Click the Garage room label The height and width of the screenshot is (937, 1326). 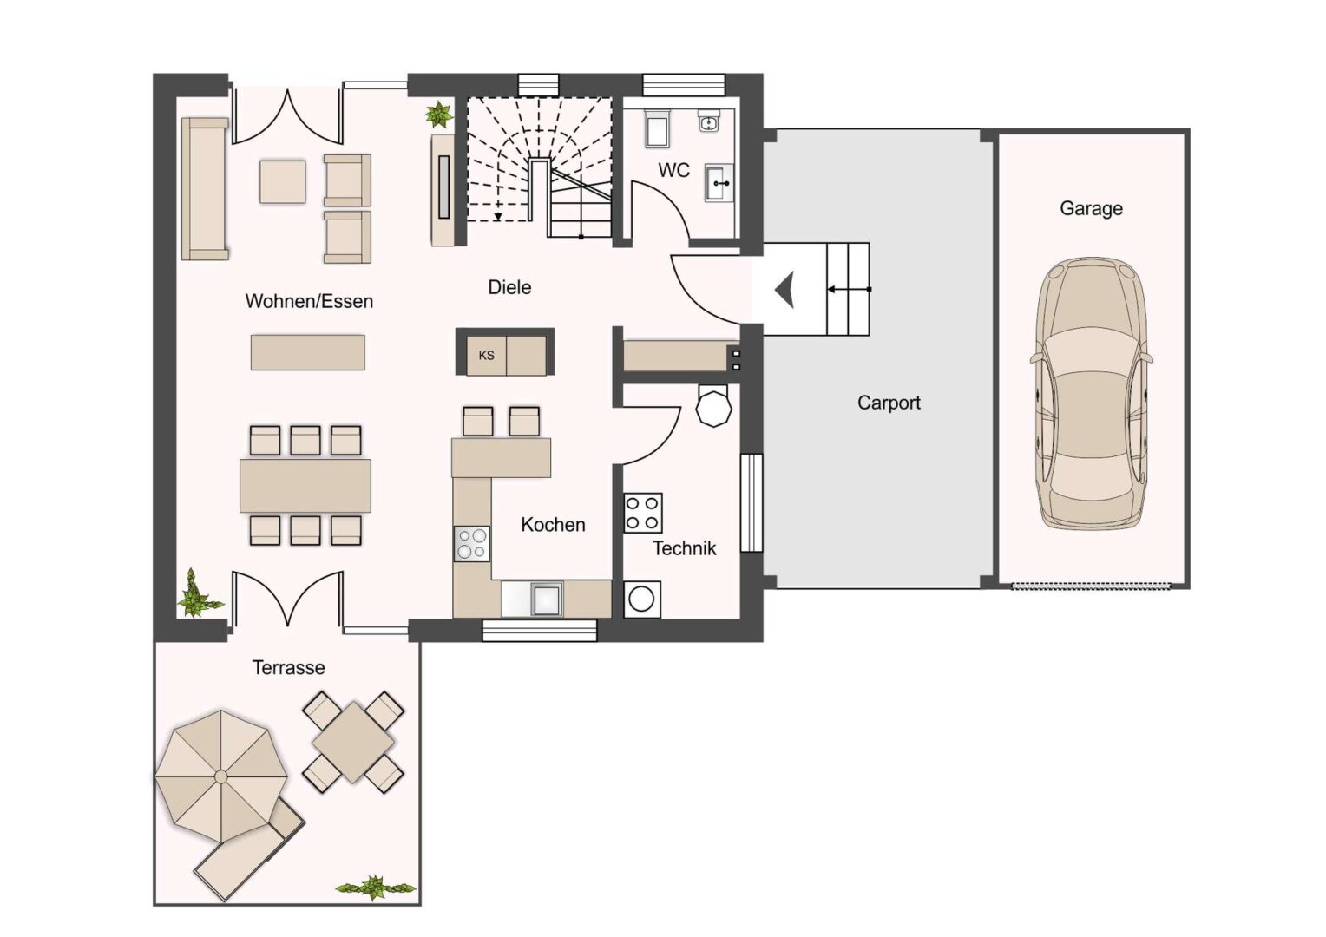[1091, 208]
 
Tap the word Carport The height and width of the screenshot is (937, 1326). [889, 403]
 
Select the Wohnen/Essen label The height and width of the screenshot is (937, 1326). [309, 301]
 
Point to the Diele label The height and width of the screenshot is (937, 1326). [509, 287]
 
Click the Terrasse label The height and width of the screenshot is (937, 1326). [288, 667]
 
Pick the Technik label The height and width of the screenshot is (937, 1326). [684, 547]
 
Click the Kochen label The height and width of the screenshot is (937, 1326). [553, 524]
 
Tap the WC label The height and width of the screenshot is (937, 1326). [673, 170]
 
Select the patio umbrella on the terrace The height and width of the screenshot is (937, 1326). [220, 776]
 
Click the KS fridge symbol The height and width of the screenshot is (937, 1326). [486, 356]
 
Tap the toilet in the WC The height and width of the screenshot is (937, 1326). [655, 128]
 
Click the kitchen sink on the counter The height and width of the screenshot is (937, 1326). [547, 600]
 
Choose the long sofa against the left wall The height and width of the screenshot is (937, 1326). [205, 188]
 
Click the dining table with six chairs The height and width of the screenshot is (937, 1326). [305, 485]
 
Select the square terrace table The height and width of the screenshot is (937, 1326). [353, 742]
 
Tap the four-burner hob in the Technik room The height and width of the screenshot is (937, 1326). [643, 512]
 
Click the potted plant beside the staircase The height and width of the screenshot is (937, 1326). [438, 115]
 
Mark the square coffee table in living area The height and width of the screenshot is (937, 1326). [283, 182]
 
